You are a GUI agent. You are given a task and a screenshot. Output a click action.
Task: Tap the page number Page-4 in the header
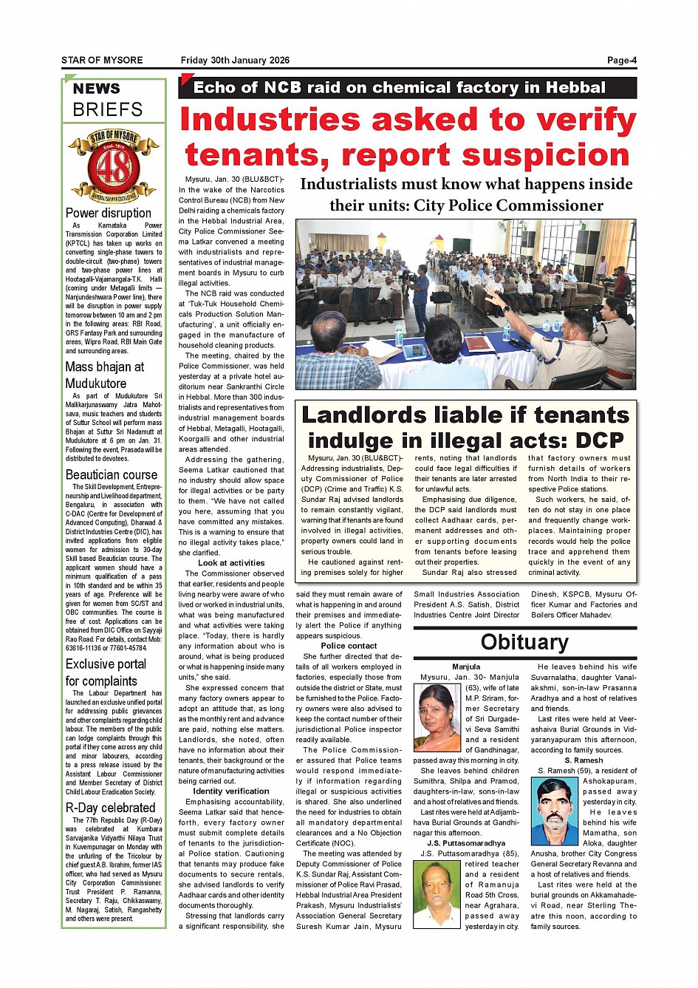coord(621,61)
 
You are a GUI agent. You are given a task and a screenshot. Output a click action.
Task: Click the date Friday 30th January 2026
coord(235,61)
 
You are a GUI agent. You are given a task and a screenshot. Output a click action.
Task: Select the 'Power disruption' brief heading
coord(108,213)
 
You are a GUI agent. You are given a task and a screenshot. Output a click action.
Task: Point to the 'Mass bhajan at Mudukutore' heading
coord(105,375)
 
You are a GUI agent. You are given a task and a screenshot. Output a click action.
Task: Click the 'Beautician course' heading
coord(112,474)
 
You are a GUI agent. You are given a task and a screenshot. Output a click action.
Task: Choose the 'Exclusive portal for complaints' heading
coord(106,672)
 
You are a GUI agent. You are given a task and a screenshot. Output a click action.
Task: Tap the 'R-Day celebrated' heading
coord(110,808)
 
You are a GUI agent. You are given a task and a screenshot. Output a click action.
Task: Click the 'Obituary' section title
coord(524,641)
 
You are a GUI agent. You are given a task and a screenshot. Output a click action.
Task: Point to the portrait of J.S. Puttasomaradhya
coord(437,896)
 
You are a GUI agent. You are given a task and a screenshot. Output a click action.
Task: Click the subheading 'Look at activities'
coord(231,563)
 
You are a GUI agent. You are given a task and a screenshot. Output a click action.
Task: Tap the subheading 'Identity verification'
coord(231,791)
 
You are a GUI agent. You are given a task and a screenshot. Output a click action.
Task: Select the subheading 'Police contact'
coord(349,646)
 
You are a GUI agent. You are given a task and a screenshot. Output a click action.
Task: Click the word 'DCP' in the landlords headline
coord(599,440)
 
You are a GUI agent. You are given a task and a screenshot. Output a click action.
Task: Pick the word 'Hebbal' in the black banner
coord(575,87)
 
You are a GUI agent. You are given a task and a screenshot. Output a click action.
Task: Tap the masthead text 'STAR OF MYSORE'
coord(102,61)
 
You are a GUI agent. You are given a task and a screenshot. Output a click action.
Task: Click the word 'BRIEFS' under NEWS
coord(108,109)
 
